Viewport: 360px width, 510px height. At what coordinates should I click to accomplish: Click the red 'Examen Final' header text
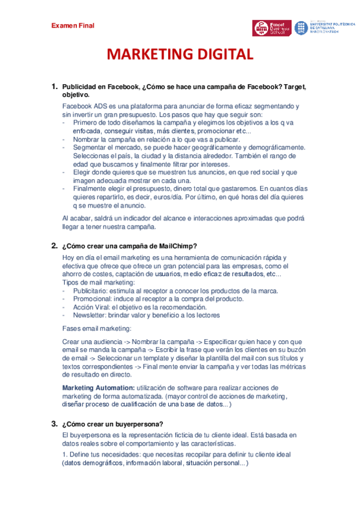click(x=73, y=25)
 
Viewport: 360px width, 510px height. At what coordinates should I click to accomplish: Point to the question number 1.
click(x=54, y=87)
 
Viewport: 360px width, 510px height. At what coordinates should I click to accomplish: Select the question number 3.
click(x=54, y=424)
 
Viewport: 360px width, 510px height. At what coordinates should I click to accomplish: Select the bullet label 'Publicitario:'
click(x=90, y=290)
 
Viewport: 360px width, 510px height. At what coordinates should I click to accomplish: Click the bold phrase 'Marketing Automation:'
click(x=99, y=388)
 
